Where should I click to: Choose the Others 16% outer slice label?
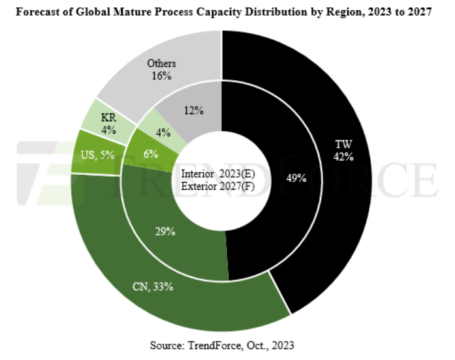pos(159,70)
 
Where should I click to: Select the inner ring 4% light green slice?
pos(163,132)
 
